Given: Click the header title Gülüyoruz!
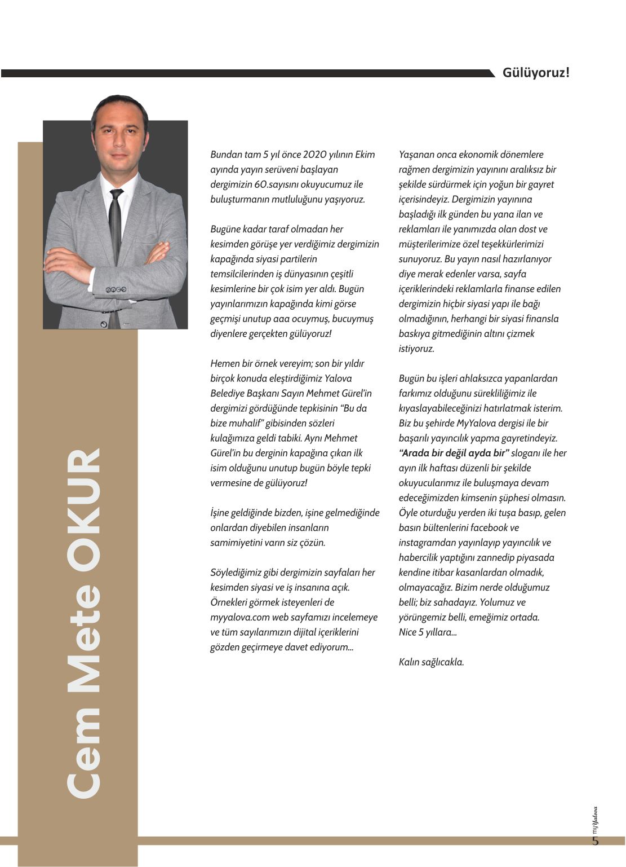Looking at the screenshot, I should [x=535, y=73].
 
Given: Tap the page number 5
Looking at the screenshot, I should [x=596, y=842].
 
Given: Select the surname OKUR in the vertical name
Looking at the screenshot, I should [x=85, y=504].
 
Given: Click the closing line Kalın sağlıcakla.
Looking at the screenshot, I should [x=431, y=662].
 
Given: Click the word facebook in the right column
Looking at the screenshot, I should [x=489, y=527].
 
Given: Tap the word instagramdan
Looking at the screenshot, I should [x=427, y=543].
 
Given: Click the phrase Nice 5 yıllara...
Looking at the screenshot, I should [x=428, y=632].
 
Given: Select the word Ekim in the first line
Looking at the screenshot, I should [x=365, y=155].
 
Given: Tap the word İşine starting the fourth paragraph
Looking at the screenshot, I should [x=222, y=513].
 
